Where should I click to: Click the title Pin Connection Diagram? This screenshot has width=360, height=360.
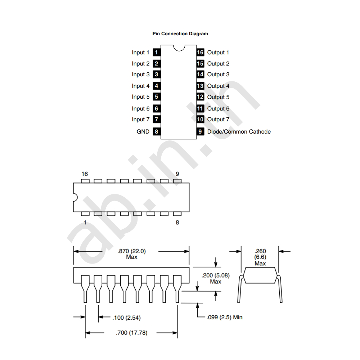click(x=180, y=34)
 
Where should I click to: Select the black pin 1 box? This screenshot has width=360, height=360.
click(x=156, y=53)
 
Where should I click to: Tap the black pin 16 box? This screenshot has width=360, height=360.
click(x=200, y=53)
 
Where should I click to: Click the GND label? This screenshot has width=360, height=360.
click(x=143, y=132)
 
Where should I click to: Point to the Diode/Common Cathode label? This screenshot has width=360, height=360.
click(x=239, y=132)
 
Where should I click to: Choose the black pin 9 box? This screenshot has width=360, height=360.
click(x=200, y=132)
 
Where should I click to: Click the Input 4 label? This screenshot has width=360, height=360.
click(x=140, y=86)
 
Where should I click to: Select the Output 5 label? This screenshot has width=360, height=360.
click(x=218, y=97)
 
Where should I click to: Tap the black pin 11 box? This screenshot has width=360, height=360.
click(x=200, y=109)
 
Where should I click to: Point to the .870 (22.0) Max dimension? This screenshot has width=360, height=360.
click(x=131, y=254)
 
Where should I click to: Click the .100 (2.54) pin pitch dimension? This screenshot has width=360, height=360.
click(x=126, y=318)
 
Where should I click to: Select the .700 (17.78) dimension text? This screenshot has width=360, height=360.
click(x=131, y=333)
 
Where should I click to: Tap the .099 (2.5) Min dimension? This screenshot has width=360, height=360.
click(x=224, y=317)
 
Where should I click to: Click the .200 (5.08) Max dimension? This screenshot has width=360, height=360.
click(x=216, y=278)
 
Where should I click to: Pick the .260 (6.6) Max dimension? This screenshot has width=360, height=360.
click(x=260, y=257)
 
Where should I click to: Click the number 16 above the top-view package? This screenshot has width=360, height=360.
click(x=85, y=174)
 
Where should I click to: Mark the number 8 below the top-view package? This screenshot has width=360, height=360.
click(x=177, y=222)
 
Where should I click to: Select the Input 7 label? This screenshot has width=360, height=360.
click(x=140, y=120)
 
